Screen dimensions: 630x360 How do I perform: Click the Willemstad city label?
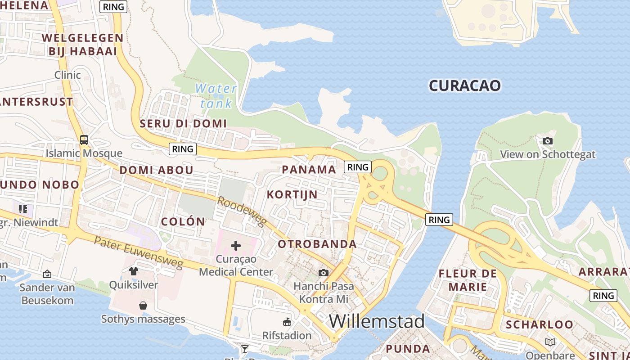pyautogui.click(x=377, y=321)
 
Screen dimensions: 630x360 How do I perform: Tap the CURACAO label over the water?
pyautogui.click(x=464, y=85)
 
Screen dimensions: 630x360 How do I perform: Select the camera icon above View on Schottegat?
pyautogui.click(x=548, y=141)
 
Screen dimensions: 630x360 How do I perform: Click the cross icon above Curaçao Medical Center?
pyautogui.click(x=236, y=246)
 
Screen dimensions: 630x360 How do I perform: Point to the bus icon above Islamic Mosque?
pyautogui.click(x=84, y=140)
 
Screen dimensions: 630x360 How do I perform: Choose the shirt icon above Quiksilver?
pyautogui.click(x=133, y=271)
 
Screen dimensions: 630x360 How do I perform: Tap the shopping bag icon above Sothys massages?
pyautogui.click(x=143, y=306)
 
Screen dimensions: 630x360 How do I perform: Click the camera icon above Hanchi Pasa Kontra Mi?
pyautogui.click(x=323, y=273)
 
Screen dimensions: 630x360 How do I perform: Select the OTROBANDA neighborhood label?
pyautogui.click(x=317, y=244)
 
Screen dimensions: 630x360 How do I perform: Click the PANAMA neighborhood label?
pyautogui.click(x=309, y=170)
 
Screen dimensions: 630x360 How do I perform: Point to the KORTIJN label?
pyautogui.click(x=292, y=195)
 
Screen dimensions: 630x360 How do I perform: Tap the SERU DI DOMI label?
pyautogui.click(x=183, y=123)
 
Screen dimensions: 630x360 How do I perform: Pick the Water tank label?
pyautogui.click(x=216, y=96)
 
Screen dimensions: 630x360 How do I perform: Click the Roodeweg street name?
pyautogui.click(x=242, y=211)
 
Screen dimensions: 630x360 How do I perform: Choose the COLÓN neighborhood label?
pyautogui.click(x=183, y=221)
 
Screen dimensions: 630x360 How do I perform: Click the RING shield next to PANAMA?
pyautogui.click(x=358, y=167)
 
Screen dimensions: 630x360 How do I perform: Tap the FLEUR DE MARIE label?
pyautogui.click(x=468, y=280)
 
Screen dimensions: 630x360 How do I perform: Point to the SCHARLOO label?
pyautogui.click(x=540, y=324)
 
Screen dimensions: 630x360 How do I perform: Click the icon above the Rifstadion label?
pyautogui.click(x=287, y=322)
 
